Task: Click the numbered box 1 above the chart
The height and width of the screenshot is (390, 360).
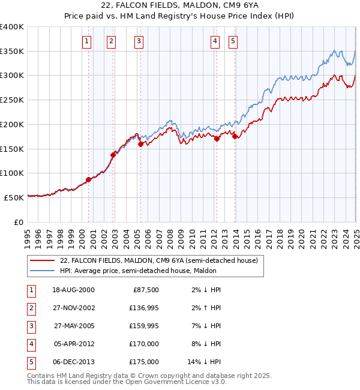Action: coord(88,41)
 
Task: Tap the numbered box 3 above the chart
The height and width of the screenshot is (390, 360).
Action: coord(139,41)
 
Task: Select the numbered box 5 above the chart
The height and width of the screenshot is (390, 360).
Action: coord(233,41)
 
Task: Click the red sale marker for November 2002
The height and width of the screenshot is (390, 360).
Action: coord(113,155)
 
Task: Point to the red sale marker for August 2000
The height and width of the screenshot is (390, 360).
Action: coord(88,179)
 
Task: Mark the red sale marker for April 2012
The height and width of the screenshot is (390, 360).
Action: coord(217,139)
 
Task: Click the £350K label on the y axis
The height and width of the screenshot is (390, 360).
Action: coord(12,51)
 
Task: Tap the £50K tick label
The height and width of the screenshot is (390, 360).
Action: coord(14,197)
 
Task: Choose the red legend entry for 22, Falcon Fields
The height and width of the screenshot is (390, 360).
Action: coord(158,260)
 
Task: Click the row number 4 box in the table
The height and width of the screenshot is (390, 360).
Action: coord(30,344)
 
